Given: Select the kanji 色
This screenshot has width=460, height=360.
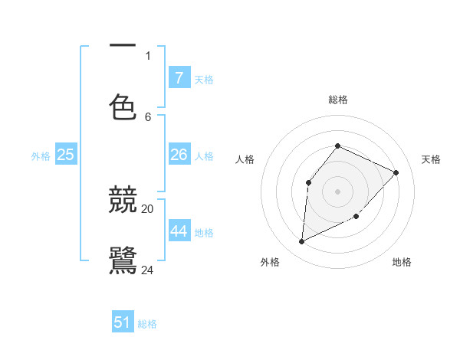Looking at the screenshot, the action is click(123, 106).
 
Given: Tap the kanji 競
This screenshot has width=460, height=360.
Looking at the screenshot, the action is click(123, 201).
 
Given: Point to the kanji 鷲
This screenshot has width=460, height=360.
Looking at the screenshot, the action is click(123, 260).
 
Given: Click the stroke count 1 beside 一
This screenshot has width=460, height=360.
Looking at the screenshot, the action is click(148, 55).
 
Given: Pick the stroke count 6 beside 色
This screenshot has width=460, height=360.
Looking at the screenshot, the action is click(148, 116).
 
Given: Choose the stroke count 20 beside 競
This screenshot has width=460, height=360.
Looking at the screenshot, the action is click(148, 208).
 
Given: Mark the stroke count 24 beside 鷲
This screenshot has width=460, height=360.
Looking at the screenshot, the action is click(148, 270).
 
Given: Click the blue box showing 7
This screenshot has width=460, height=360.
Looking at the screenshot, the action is click(179, 78).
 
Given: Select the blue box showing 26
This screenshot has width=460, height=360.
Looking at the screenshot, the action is click(179, 155).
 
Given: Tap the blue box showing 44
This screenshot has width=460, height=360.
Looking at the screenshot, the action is click(179, 231).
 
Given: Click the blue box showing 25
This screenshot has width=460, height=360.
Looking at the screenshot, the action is click(65, 155).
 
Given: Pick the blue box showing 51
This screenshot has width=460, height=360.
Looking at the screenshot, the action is click(123, 322).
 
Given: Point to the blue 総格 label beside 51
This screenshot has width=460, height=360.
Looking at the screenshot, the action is click(147, 324).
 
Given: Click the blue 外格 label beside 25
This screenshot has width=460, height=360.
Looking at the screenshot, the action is click(41, 156).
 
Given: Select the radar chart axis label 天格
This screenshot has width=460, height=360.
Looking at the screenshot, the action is click(431, 159).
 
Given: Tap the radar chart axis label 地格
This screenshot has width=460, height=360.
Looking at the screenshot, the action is click(402, 262).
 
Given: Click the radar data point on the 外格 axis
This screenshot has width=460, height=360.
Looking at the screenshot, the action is click(301, 242).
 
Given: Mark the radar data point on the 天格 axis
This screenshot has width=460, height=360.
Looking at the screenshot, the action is click(396, 172).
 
